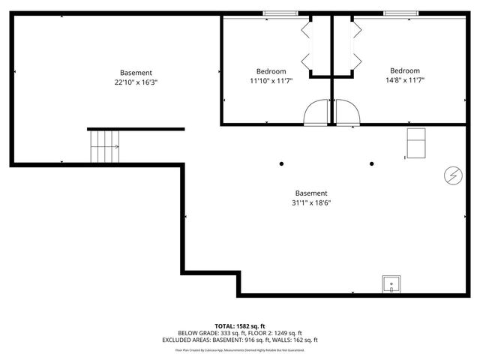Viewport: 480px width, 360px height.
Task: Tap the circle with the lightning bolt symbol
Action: (452, 175)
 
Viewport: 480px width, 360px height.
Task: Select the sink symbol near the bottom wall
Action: (391, 284)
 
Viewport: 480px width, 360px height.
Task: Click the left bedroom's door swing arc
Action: (316, 113)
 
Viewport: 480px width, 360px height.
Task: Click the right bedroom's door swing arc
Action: (348, 113)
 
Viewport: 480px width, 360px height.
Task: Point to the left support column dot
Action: (282, 163)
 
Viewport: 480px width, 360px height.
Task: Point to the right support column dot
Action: (371, 163)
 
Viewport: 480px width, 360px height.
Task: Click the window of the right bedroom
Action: (401, 13)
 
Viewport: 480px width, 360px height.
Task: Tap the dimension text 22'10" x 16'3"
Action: (136, 82)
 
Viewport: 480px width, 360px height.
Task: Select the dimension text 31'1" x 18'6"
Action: (311, 202)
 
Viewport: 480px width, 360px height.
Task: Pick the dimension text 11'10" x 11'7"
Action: (271, 81)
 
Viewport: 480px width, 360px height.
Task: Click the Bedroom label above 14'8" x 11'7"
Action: (404, 71)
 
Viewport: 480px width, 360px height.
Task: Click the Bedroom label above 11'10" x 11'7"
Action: (271, 71)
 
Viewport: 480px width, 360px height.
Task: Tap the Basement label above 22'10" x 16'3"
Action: (136, 73)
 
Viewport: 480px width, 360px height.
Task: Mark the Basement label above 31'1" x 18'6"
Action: (311, 193)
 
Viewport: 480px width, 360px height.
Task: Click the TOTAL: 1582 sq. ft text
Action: (240, 325)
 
